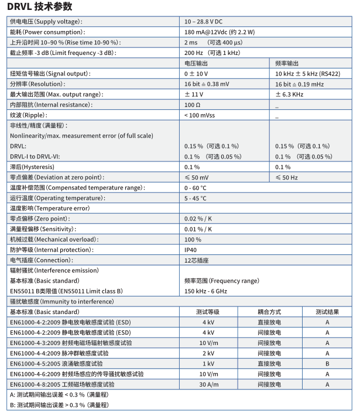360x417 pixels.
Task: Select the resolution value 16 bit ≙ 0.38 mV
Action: pos(207,84)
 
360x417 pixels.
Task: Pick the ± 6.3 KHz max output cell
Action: pos(289,94)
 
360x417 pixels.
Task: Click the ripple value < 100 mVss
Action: pos(200,115)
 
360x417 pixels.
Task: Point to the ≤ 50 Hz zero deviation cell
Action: pos(287,177)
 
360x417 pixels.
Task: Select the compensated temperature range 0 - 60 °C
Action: pos(196,188)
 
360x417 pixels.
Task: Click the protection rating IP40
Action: pos(191,250)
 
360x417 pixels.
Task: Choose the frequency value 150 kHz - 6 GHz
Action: pos(205,291)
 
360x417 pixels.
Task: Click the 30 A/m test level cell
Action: pos(208,384)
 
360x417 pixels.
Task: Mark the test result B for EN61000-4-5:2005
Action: pos(328,363)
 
